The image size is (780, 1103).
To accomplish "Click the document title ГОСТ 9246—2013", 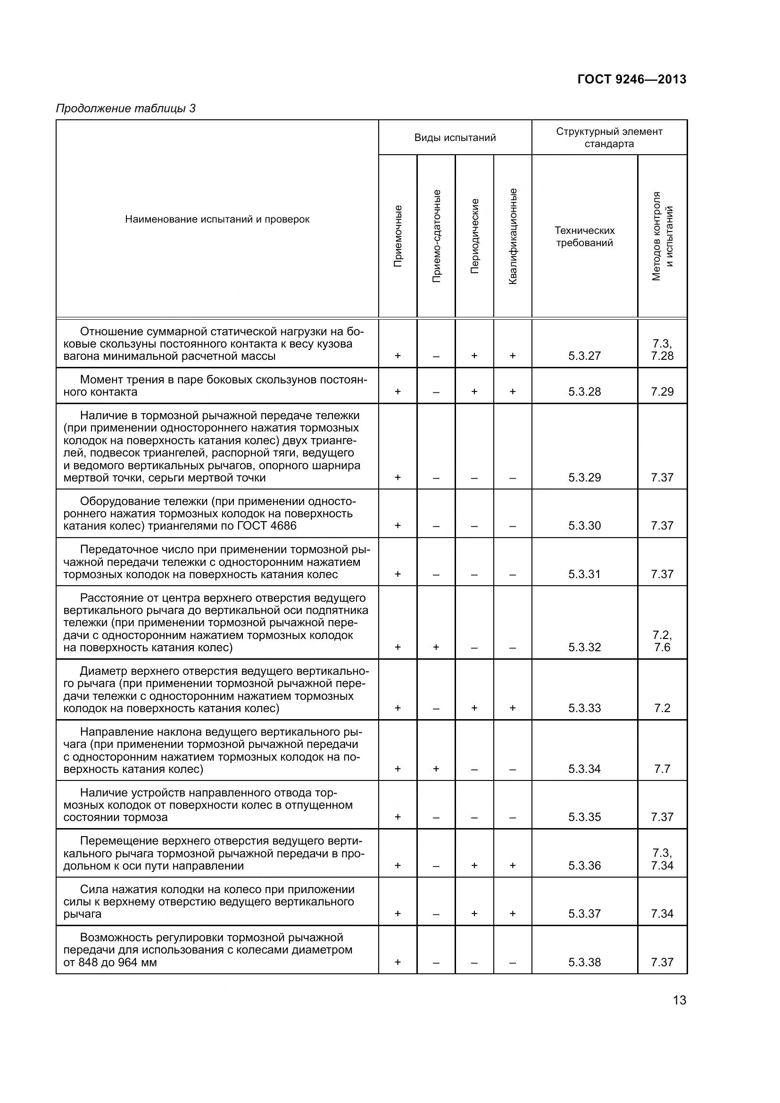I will [x=631, y=79].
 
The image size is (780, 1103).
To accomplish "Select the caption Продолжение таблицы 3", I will [x=126, y=108].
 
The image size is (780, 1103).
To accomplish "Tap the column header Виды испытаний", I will [x=455, y=138].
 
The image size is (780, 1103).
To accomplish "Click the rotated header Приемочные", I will [x=398, y=236].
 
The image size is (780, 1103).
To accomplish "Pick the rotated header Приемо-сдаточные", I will [x=436, y=236].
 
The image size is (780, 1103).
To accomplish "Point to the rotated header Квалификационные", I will [x=513, y=236].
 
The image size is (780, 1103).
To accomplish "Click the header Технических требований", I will [x=584, y=236].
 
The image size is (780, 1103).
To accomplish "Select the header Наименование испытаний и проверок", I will [x=217, y=220].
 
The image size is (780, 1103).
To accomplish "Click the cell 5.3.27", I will [x=584, y=356].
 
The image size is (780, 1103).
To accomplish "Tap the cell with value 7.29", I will [x=662, y=391].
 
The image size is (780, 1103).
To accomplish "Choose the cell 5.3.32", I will [x=584, y=647].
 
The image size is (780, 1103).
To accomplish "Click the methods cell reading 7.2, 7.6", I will [x=662, y=641].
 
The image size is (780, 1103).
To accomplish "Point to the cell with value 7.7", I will [x=662, y=769].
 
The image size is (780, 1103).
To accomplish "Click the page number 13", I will [x=679, y=1000].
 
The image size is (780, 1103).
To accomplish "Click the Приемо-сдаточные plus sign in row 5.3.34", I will [x=436, y=769].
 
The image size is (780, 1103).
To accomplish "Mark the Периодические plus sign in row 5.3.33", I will [x=474, y=708].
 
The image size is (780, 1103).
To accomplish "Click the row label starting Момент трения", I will [x=215, y=385].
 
